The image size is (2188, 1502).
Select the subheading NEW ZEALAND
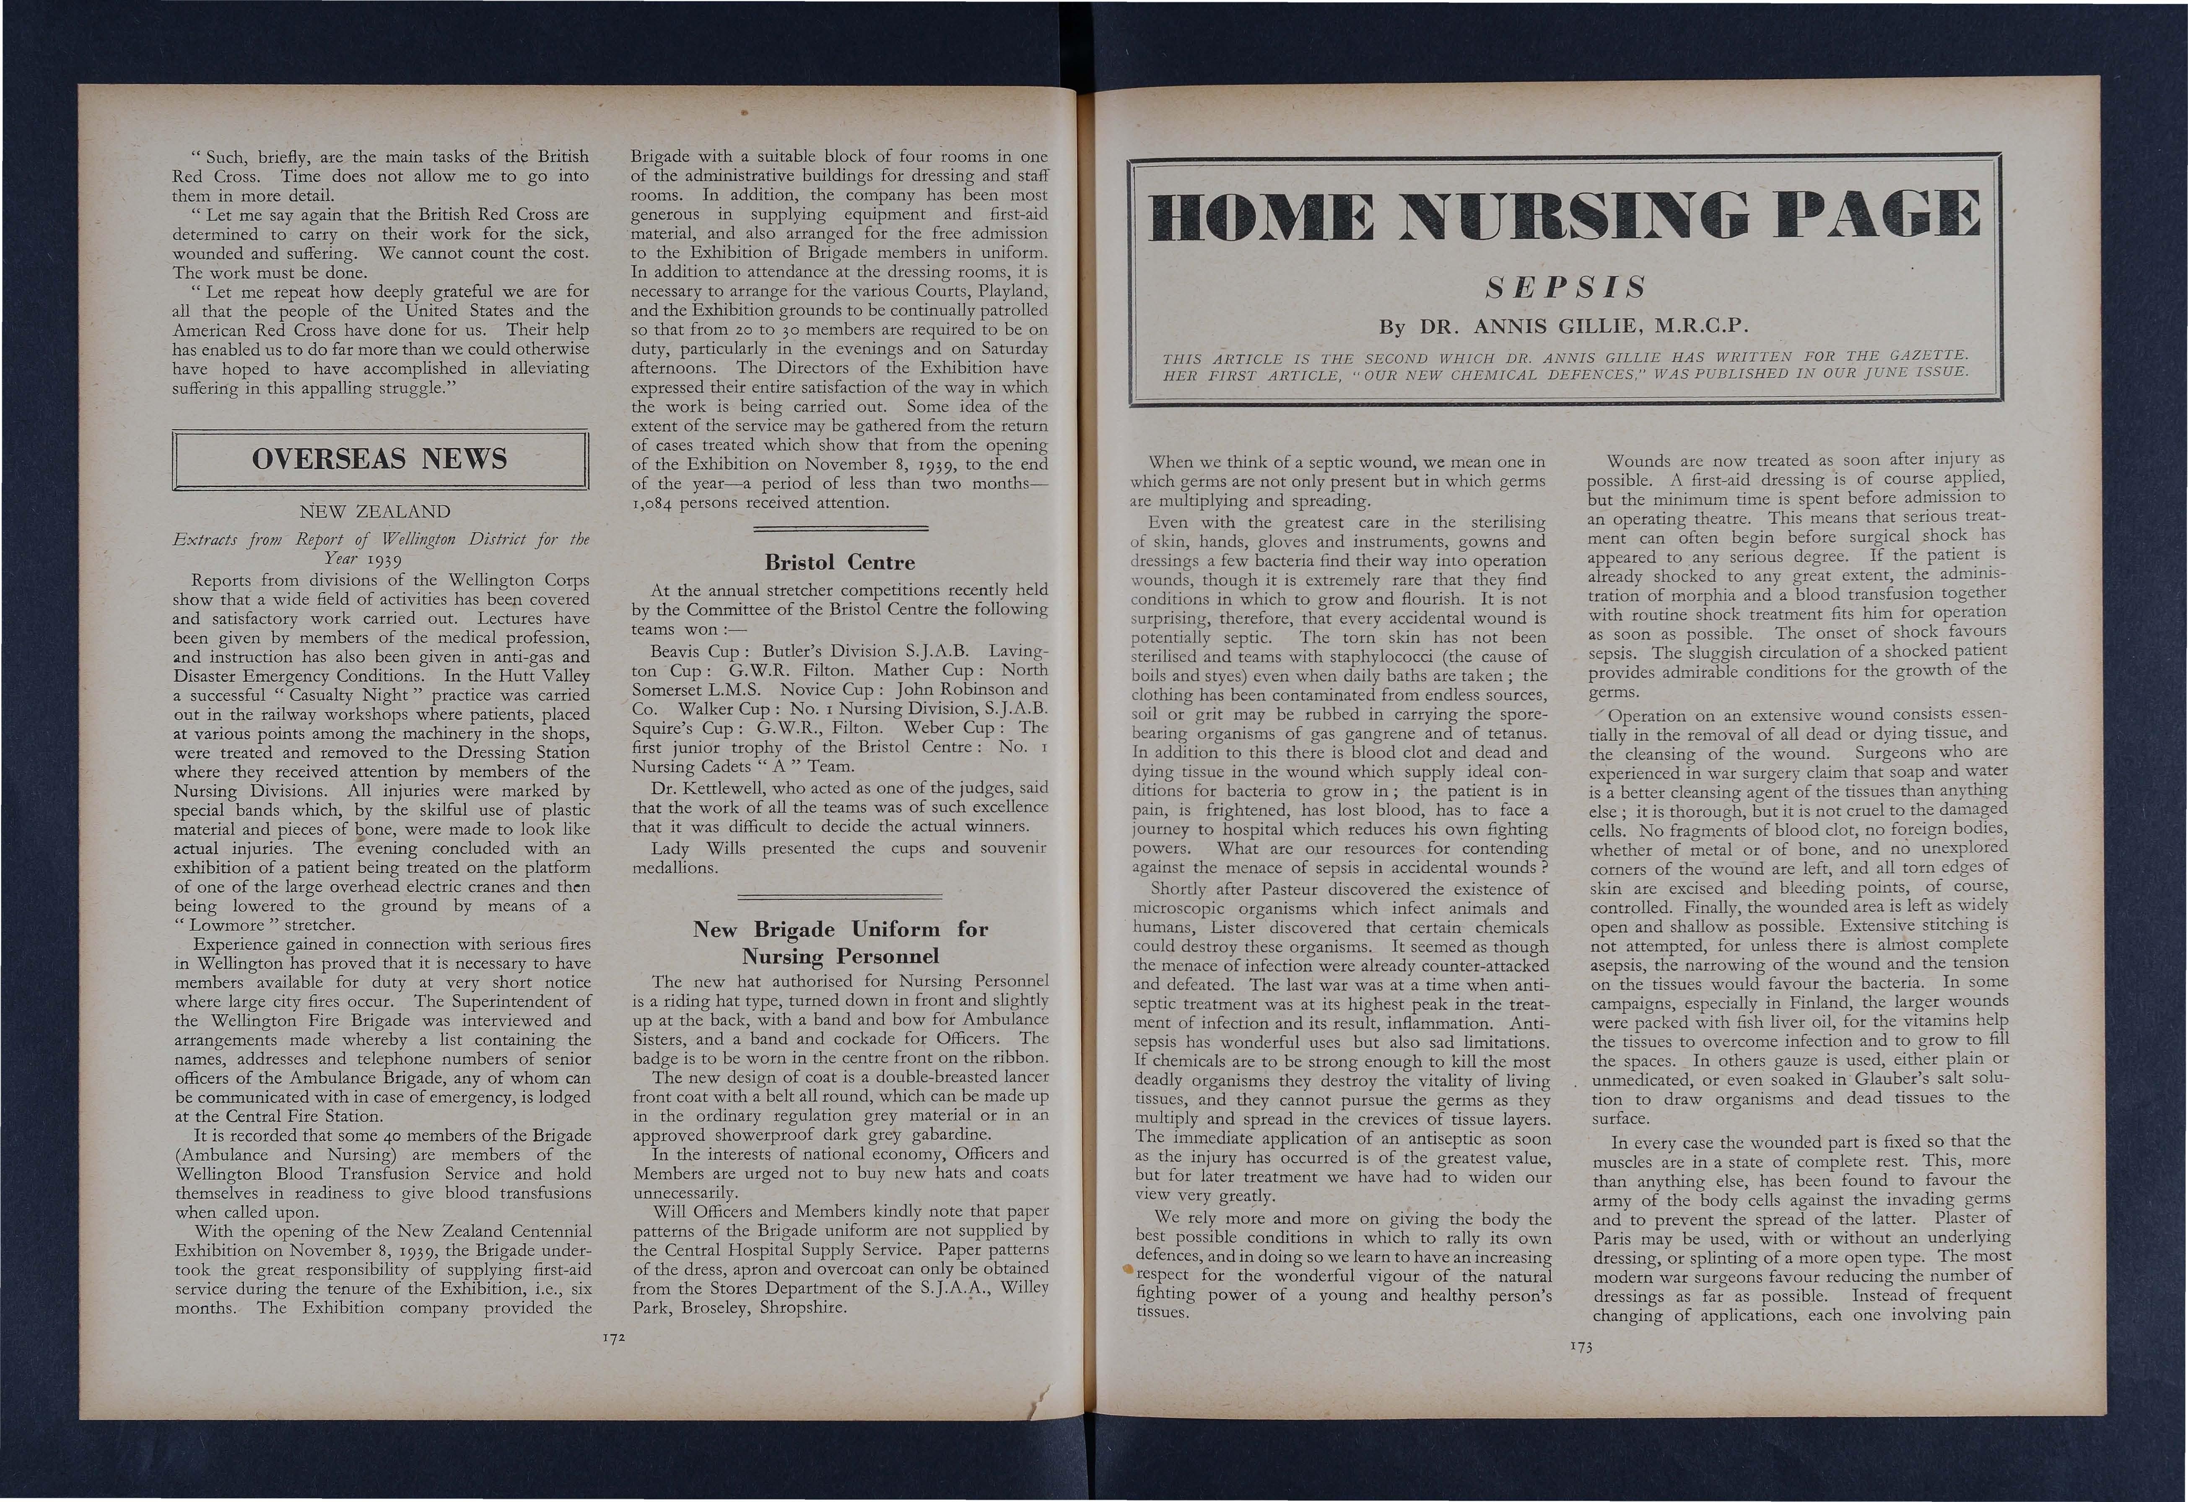[x=375, y=512]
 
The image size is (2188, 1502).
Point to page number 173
[x=1581, y=1347]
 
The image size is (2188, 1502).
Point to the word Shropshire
[x=803, y=1308]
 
